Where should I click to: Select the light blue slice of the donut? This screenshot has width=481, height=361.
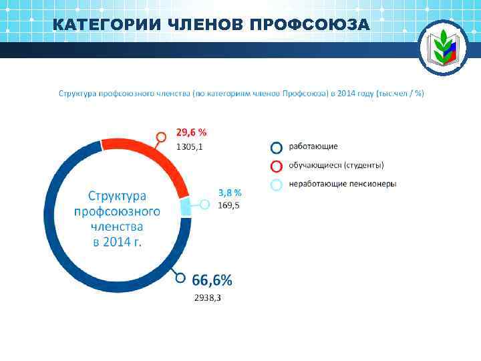pyautogui.click(x=186, y=207)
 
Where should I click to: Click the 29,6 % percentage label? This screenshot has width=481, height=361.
pyautogui.click(x=191, y=132)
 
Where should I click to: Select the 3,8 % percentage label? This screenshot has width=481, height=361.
pyautogui.click(x=230, y=193)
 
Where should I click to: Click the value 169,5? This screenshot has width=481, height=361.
pyautogui.click(x=229, y=205)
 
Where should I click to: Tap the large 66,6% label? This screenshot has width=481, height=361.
pyautogui.click(x=212, y=279)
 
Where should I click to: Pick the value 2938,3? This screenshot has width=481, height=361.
pyautogui.click(x=208, y=297)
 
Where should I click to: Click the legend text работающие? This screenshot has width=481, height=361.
pyautogui.click(x=313, y=146)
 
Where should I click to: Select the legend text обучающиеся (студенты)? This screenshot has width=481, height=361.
pyautogui.click(x=336, y=165)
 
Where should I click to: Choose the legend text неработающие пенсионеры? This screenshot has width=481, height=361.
pyautogui.click(x=342, y=184)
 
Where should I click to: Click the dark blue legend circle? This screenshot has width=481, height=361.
pyautogui.click(x=276, y=147)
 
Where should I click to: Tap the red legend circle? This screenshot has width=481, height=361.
pyautogui.click(x=276, y=166)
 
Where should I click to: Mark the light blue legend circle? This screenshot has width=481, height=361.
pyautogui.click(x=276, y=185)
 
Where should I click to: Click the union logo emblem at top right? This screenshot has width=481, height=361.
pyautogui.click(x=444, y=47)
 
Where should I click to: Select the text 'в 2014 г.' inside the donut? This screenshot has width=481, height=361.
pyautogui.click(x=117, y=241)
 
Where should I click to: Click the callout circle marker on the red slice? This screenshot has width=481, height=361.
pyautogui.click(x=160, y=137)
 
